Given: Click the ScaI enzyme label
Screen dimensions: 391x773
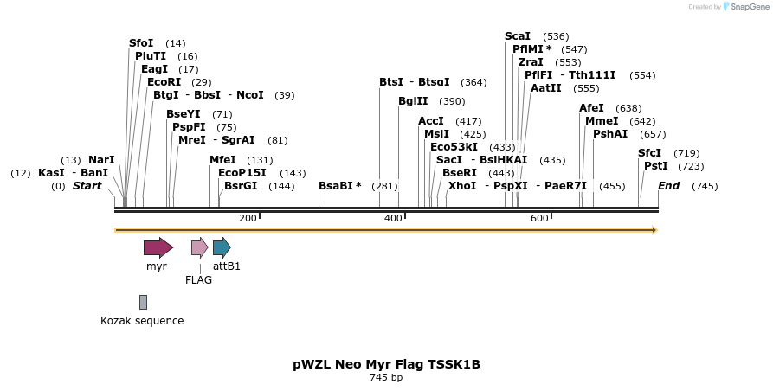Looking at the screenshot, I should [518, 36].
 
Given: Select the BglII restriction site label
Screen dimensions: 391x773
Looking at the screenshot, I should [413, 101].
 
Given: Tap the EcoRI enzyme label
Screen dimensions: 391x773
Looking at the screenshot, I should [164, 82].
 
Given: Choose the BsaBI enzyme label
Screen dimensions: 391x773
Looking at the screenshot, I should [339, 186].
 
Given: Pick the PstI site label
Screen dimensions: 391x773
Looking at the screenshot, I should [655, 166].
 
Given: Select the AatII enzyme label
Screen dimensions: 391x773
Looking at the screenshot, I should [546, 88].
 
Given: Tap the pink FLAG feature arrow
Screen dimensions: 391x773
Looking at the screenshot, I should [199, 248].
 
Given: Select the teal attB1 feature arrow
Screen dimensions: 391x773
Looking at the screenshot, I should [222, 248].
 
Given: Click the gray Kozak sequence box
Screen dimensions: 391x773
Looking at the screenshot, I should [143, 302].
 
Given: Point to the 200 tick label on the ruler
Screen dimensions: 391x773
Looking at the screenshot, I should [248, 218].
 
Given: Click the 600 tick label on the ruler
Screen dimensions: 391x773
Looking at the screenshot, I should [539, 218].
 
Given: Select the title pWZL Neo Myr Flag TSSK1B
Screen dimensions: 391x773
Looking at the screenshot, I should [386, 364].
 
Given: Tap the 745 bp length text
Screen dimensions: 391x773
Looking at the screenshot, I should [386, 378].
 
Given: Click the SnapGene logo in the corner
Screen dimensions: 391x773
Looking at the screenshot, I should [744, 7].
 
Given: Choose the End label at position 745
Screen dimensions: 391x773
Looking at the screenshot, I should [668, 186].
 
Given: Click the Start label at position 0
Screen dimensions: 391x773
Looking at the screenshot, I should [87, 186].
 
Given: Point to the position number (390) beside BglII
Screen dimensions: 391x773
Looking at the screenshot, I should [452, 101].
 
